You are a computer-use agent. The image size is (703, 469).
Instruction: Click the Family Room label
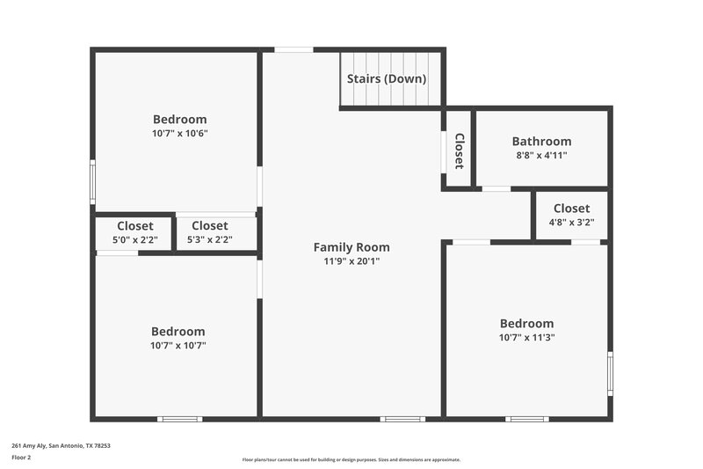pyautogui.click(x=351, y=247)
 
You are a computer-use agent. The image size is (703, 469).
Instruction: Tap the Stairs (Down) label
pyautogui.click(x=387, y=78)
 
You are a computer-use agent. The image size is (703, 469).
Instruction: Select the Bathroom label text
pyautogui.click(x=541, y=141)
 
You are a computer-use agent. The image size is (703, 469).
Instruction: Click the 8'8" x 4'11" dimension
pyautogui.click(x=541, y=155)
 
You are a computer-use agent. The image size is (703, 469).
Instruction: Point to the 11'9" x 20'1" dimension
pyautogui.click(x=351, y=261)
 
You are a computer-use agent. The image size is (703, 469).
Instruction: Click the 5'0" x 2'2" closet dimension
pyautogui.click(x=134, y=239)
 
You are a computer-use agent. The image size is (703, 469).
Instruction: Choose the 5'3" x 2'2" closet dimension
pyautogui.click(x=209, y=239)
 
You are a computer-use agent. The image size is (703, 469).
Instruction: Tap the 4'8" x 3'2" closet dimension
pyautogui.click(x=571, y=222)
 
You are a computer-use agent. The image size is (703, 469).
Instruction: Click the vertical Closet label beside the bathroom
pyautogui.click(x=459, y=150)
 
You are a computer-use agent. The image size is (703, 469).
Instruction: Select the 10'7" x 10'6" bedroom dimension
pyautogui.click(x=179, y=134)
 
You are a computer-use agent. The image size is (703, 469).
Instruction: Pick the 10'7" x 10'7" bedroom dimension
pyautogui.click(x=178, y=346)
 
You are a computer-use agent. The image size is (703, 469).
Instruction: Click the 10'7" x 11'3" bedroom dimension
pyautogui.click(x=526, y=337)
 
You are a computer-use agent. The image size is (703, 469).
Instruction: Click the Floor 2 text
pyautogui.click(x=21, y=458)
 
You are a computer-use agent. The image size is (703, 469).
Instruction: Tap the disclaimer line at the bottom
pyautogui.click(x=351, y=459)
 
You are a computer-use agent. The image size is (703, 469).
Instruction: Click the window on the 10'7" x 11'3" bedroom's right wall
pyautogui.click(x=610, y=373)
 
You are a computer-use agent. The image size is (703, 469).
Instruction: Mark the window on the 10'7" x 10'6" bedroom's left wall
pyautogui.click(x=92, y=182)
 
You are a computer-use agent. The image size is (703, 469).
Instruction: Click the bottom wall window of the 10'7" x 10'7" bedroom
pyautogui.click(x=179, y=419)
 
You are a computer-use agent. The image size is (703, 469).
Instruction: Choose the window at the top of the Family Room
pyautogui.click(x=294, y=49)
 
